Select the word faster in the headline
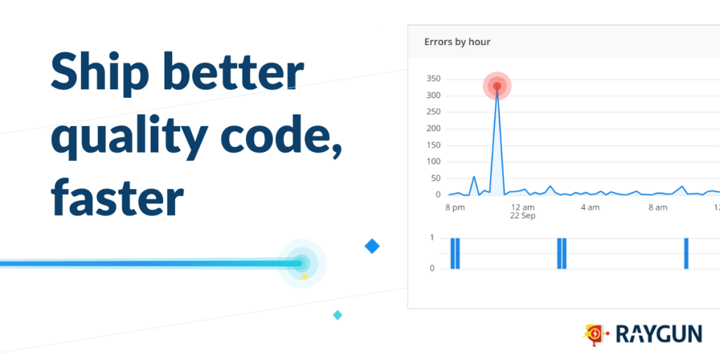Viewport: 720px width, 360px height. [x=117, y=198]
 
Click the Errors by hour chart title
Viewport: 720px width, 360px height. [x=457, y=41]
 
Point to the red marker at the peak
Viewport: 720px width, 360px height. [x=497, y=86]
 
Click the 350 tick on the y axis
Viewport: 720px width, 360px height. [x=434, y=79]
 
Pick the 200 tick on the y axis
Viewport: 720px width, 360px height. [x=434, y=129]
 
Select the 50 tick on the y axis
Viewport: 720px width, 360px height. [x=436, y=178]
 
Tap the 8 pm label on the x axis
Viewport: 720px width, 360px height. [x=455, y=207]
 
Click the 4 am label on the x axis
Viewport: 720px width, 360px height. [x=590, y=207]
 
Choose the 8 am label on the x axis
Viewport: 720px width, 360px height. [x=657, y=207]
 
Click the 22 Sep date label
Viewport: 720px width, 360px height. [x=522, y=216]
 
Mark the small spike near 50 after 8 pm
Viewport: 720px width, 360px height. [x=474, y=176]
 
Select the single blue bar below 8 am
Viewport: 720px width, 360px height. [x=686, y=253]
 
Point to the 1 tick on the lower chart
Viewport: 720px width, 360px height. [x=432, y=238]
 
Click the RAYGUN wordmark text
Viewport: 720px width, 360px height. [x=659, y=334]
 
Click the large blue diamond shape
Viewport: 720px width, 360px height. [x=372, y=247]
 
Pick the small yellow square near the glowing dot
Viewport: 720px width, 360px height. [x=304, y=277]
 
